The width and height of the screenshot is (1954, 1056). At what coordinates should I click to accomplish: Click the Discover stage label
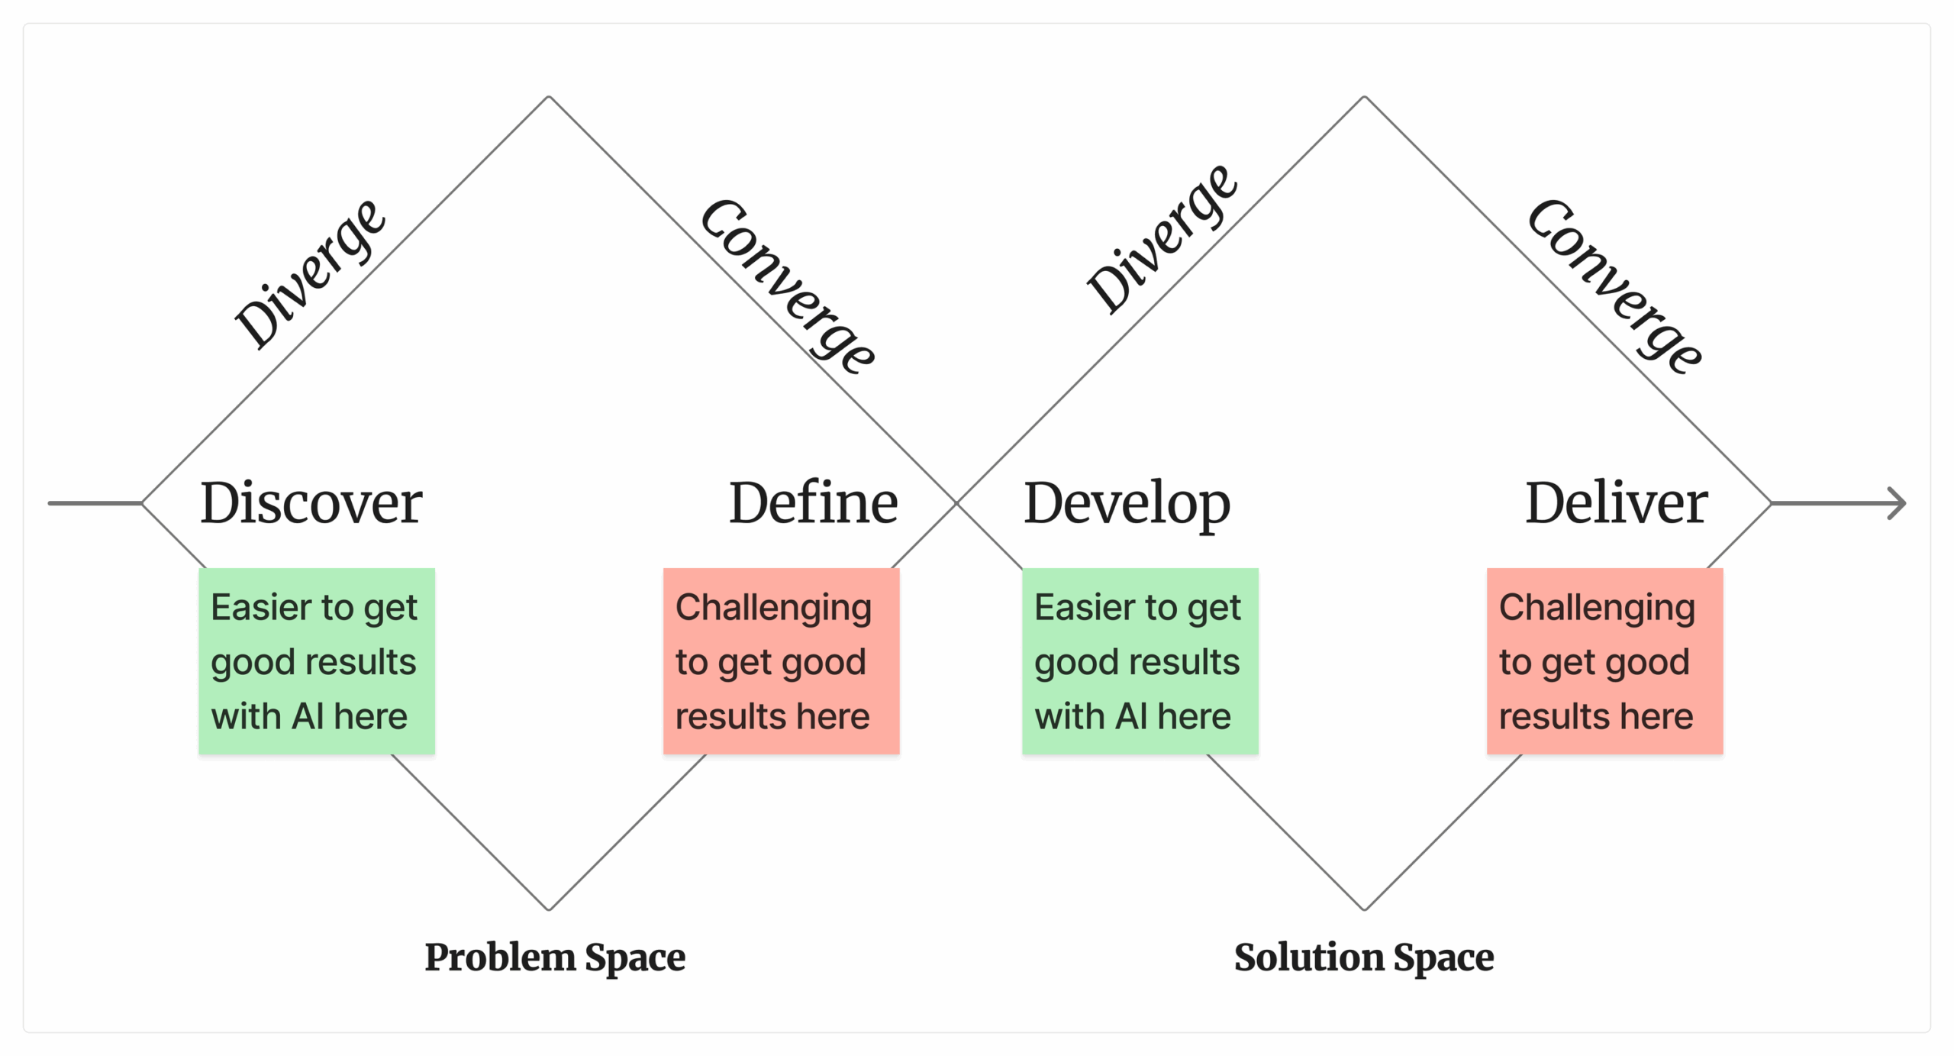coord(311,503)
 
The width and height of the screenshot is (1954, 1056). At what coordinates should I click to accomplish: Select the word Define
coord(813,503)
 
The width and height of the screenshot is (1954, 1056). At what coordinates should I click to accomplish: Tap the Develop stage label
coord(1127,503)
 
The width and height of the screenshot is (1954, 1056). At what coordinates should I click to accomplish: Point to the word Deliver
coord(1616,503)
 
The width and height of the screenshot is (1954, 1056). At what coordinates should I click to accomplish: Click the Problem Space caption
coord(555,958)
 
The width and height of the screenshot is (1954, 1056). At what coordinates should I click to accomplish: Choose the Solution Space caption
coord(1364,958)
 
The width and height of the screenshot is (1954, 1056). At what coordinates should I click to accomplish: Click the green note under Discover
coord(317,661)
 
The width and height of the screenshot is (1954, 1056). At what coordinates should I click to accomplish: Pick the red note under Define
coord(781,661)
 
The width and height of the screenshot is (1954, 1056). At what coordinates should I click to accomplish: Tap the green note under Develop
coord(1140,661)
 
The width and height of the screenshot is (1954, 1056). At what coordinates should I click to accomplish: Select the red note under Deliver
coord(1604,661)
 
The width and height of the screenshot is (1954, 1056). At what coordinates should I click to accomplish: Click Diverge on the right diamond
coord(1162,239)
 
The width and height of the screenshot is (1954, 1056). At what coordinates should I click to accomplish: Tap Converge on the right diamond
coord(1614,287)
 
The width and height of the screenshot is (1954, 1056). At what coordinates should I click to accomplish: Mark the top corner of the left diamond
coord(548,97)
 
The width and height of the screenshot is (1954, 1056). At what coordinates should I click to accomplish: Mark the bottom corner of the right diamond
coord(1364,909)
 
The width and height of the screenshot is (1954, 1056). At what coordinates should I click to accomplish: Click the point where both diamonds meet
coord(956,503)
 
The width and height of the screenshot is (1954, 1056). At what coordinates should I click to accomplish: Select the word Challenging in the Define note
coord(773,609)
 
